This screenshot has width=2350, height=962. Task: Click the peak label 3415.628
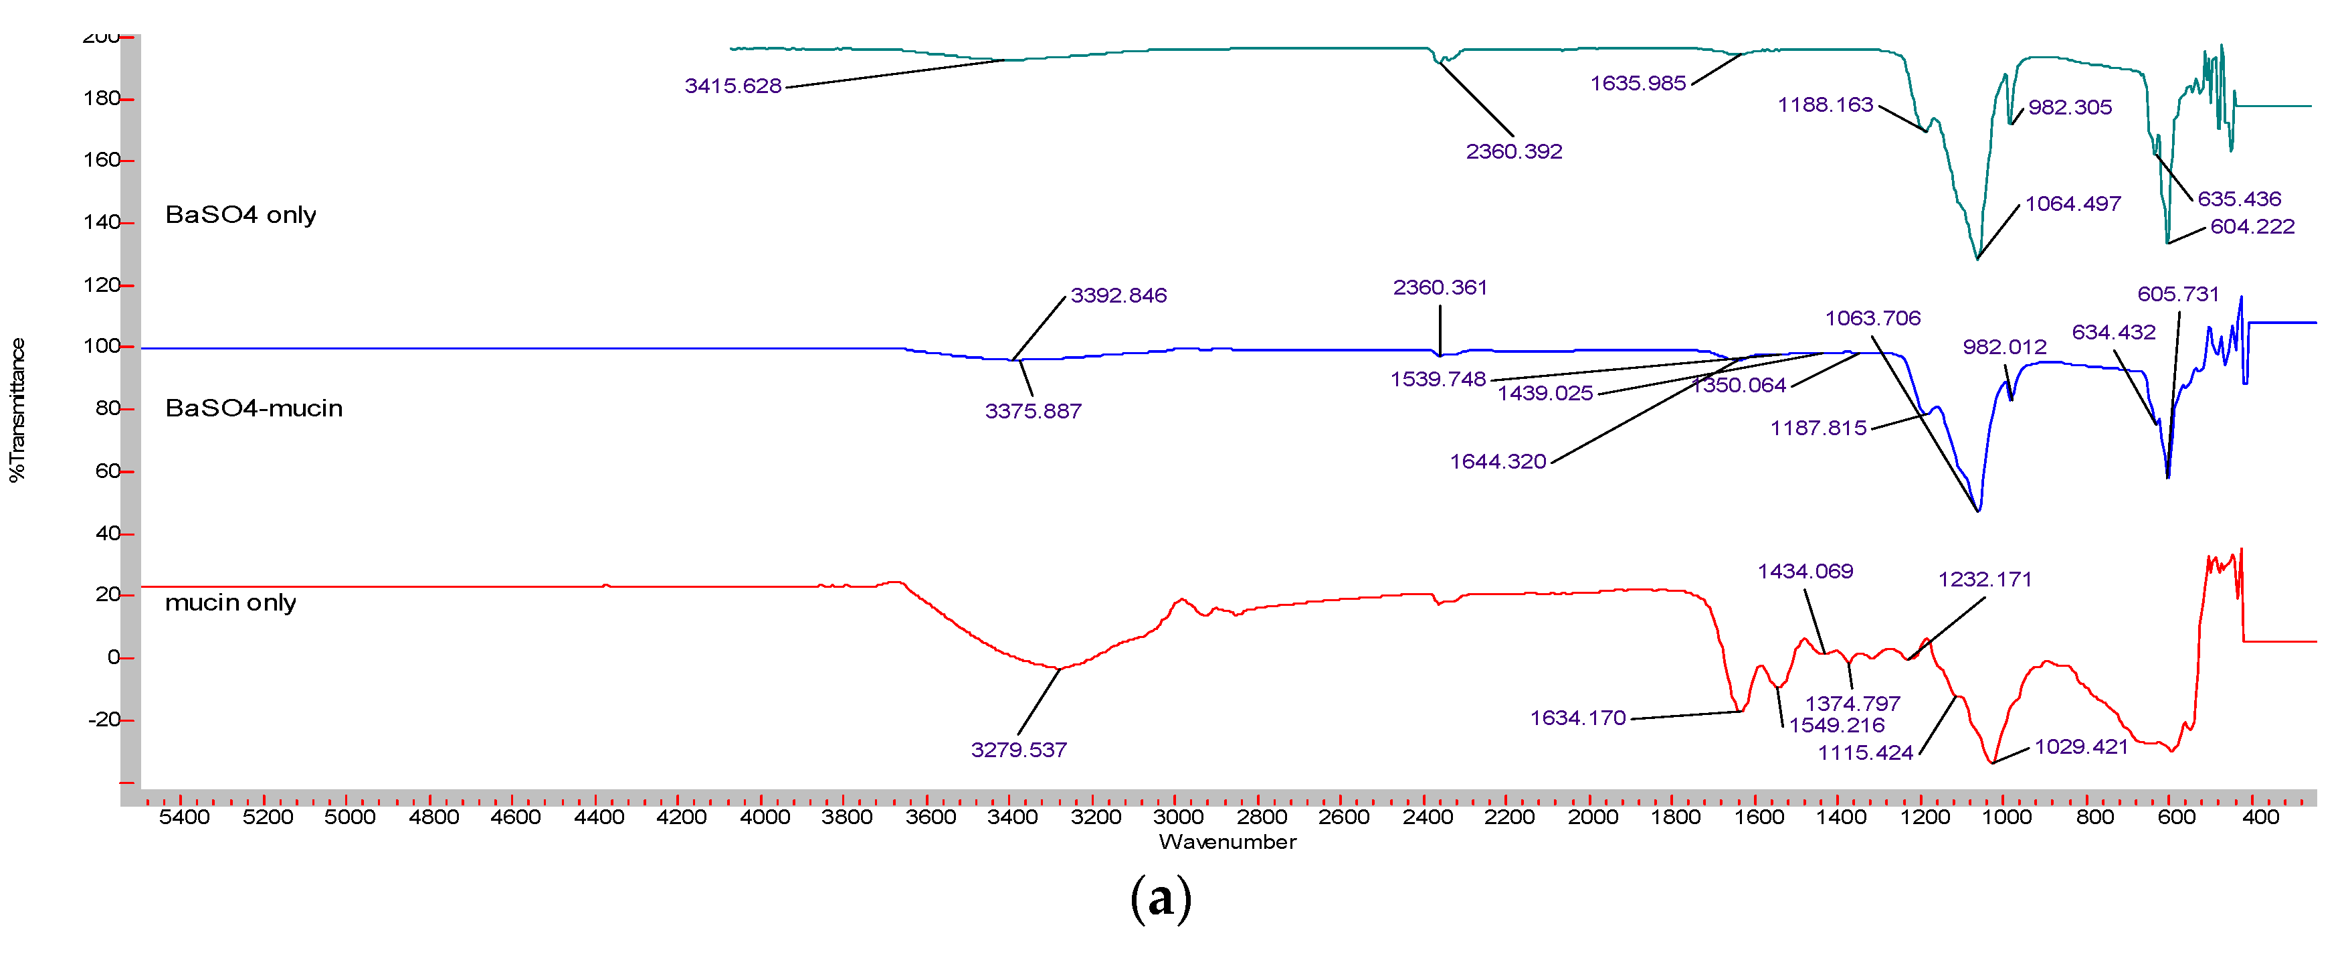coord(732,86)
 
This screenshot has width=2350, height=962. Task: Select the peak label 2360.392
coord(1513,151)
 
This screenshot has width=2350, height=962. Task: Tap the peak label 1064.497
coord(2072,204)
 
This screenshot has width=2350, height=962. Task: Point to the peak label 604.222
coord(2252,226)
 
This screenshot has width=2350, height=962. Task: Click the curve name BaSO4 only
coord(240,214)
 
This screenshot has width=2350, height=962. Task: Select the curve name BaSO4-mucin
coord(254,408)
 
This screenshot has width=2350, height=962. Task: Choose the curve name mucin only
coord(230,603)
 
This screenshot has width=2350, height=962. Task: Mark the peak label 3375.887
coord(1033,412)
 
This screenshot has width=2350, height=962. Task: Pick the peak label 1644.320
coord(1498,462)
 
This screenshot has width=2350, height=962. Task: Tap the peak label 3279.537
coord(1018,750)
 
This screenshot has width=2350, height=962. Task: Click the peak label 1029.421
coord(2081,746)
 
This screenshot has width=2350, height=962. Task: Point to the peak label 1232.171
coord(1984,580)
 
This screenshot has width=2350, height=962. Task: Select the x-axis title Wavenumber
coord(1227,841)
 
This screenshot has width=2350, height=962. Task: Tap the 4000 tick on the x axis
coord(765,817)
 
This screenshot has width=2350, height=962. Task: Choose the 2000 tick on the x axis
coord(1593,817)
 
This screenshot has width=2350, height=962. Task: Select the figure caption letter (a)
coord(1161,899)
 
